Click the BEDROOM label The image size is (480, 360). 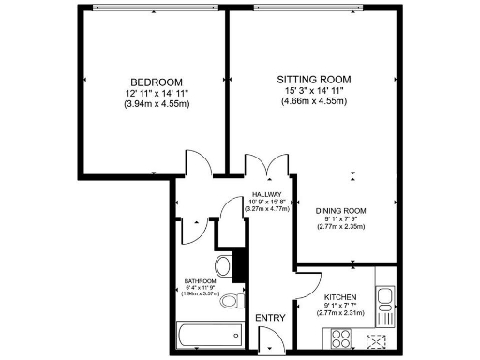coord(157,82)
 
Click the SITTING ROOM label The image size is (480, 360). coord(314,78)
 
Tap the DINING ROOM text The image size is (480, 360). coord(340,210)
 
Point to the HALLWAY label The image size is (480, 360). coord(266,194)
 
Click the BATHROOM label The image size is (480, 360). coord(201,281)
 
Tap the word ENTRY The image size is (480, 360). coord(270,319)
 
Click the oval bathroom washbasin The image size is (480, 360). coord(223,264)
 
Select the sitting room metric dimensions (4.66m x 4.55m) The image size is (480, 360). coord(314,100)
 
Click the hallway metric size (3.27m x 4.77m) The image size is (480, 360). coord(266,209)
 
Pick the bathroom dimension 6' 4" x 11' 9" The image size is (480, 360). coord(201,288)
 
